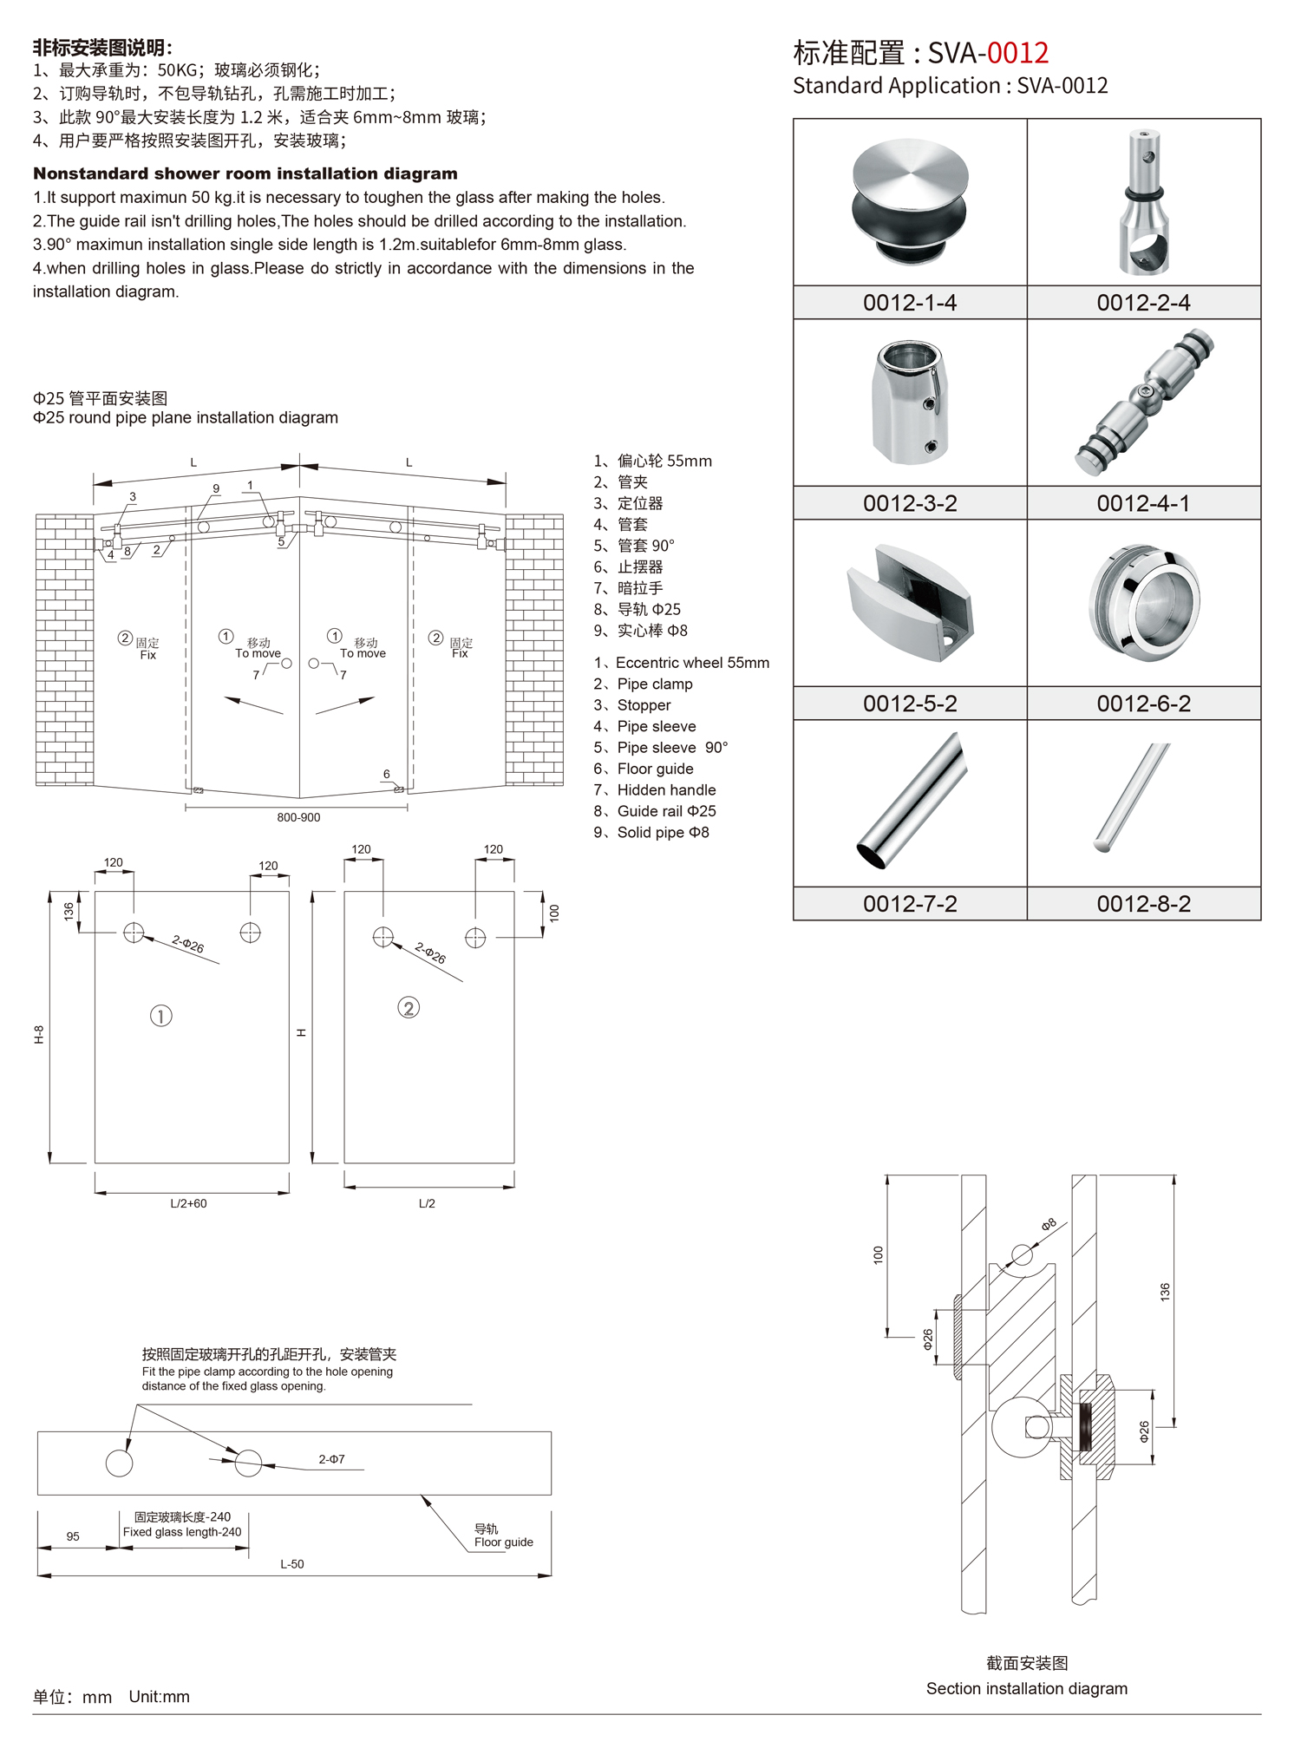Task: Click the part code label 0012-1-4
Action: (x=909, y=303)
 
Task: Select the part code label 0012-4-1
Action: (x=1143, y=503)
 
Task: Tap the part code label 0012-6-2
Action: (x=1143, y=704)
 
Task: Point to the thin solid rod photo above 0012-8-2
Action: (x=1133, y=796)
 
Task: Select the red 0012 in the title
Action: (x=1017, y=54)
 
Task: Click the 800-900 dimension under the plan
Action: (x=298, y=817)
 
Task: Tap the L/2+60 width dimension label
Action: (x=188, y=1203)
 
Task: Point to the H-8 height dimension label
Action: (x=39, y=1034)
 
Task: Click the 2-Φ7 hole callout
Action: (x=331, y=1459)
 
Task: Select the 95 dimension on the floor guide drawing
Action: (x=73, y=1536)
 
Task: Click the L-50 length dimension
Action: (x=292, y=1564)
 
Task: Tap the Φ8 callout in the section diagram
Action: (x=1049, y=1224)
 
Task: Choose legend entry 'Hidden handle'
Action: (x=665, y=789)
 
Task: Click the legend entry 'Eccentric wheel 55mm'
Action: (x=691, y=663)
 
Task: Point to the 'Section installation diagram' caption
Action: (x=1026, y=1688)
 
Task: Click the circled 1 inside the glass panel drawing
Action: (x=161, y=1015)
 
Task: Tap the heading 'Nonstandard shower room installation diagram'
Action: (x=245, y=173)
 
